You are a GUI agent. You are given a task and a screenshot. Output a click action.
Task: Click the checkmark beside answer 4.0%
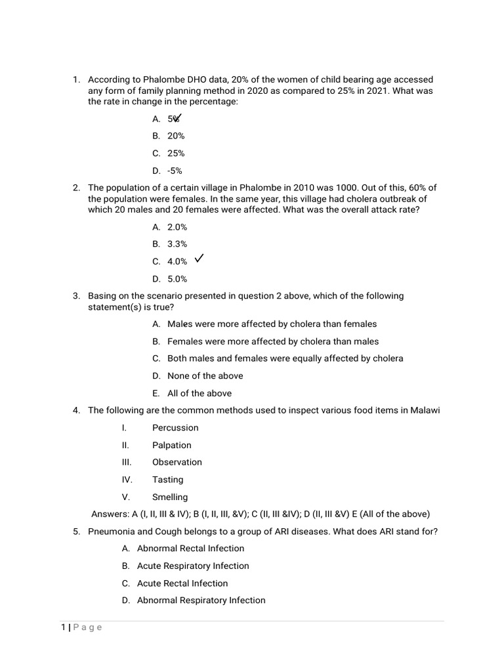[x=199, y=259]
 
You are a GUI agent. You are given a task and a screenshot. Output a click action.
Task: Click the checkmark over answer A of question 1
[x=177, y=117]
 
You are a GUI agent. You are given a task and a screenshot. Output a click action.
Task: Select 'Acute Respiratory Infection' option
[x=193, y=566]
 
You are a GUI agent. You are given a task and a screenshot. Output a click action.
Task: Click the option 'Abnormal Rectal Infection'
[x=190, y=549]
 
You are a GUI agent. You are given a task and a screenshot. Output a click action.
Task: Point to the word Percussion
[x=175, y=428]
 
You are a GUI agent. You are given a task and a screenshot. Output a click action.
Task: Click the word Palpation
[x=172, y=445]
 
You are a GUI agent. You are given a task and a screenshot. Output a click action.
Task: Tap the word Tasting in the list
[x=168, y=480]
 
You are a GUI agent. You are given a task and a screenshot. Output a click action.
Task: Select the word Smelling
[x=170, y=497]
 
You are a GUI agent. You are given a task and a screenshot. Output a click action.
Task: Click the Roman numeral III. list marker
[x=127, y=463]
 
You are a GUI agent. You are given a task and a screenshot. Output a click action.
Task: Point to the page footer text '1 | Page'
[x=82, y=627]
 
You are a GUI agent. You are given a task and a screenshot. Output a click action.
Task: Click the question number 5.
[x=76, y=532]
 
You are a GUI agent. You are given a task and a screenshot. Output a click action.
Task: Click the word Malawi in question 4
[x=425, y=411]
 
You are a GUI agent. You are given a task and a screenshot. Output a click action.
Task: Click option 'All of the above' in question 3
[x=199, y=394]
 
